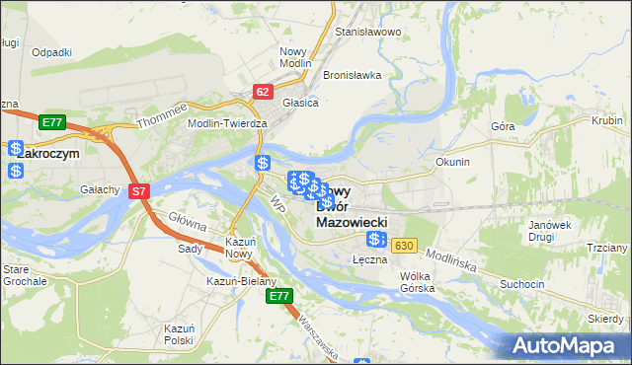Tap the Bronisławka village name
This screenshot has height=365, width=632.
tap(352, 75)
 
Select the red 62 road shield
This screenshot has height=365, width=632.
tap(262, 92)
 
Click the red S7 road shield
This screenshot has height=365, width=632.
tap(139, 191)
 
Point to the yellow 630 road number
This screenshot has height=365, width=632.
tap(403, 245)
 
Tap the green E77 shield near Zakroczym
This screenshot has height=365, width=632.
tap(53, 122)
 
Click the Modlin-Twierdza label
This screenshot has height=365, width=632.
tap(228, 123)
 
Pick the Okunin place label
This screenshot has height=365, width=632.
tap(452, 161)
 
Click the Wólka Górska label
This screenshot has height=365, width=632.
tap(418, 282)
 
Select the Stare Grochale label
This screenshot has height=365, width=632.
tap(24, 274)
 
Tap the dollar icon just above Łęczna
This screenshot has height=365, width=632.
tap(375, 240)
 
